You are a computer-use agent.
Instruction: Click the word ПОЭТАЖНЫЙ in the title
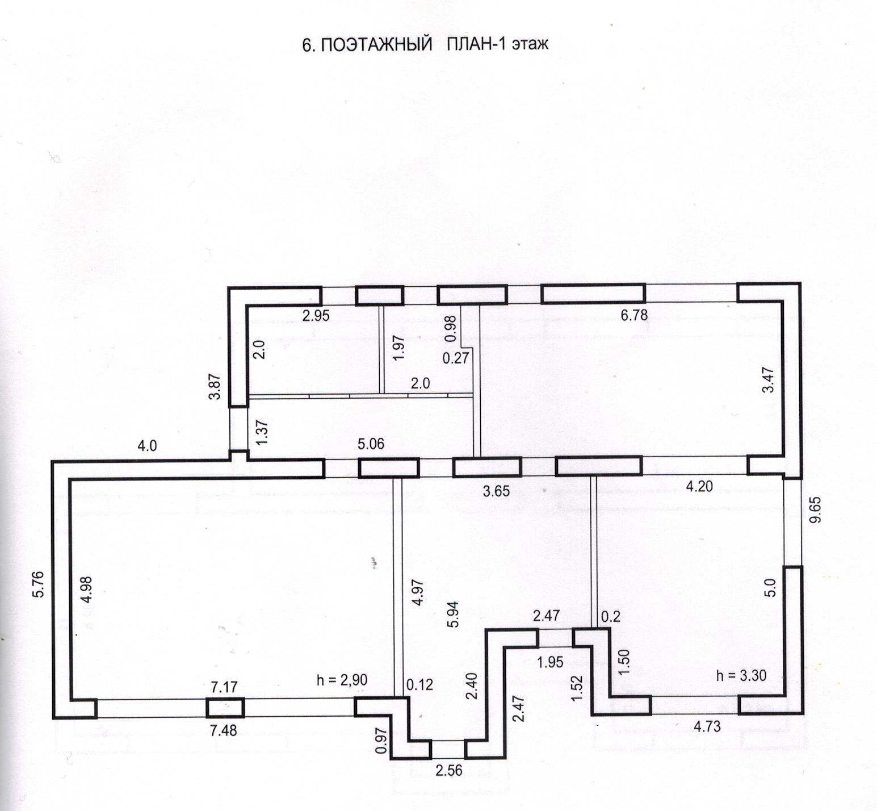[375, 45]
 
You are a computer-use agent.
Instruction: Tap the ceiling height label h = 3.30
[741, 675]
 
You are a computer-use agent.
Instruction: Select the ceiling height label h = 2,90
[342, 679]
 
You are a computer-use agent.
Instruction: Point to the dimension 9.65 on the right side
[815, 512]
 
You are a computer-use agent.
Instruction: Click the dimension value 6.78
[633, 315]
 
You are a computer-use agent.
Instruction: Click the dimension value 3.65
[496, 491]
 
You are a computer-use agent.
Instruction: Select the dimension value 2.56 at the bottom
[448, 771]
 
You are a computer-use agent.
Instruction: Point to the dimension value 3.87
[215, 386]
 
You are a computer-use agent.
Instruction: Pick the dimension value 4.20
[699, 486]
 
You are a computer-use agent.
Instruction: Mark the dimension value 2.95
[316, 316]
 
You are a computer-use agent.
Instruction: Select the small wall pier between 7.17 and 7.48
[224, 708]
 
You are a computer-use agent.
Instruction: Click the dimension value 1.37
[262, 431]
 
